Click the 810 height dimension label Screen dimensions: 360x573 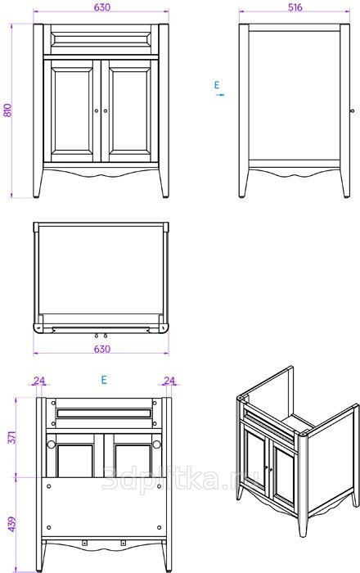[x=7, y=111]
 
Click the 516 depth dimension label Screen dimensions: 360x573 [x=295, y=7]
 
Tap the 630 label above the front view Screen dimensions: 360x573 [x=102, y=7]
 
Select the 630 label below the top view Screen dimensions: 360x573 [x=102, y=349]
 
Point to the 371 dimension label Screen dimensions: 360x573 [x=11, y=437]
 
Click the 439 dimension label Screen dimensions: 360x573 [x=12, y=524]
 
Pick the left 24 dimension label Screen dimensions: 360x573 [x=39, y=381]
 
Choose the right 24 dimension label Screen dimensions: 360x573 [x=169, y=381]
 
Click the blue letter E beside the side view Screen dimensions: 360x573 [x=217, y=85]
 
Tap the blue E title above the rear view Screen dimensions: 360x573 [x=104, y=380]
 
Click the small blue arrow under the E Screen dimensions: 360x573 [x=220, y=95]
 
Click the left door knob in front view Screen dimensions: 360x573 [x=97, y=111]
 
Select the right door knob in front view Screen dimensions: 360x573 [x=106, y=111]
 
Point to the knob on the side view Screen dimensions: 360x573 [x=352, y=111]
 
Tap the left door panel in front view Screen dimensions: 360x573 [x=72, y=111]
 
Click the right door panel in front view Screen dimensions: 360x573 [x=129, y=111]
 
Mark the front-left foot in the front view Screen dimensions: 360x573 [x=38, y=184]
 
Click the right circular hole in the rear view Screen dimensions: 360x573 [x=156, y=444]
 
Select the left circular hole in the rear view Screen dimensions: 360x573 [x=51, y=444]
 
